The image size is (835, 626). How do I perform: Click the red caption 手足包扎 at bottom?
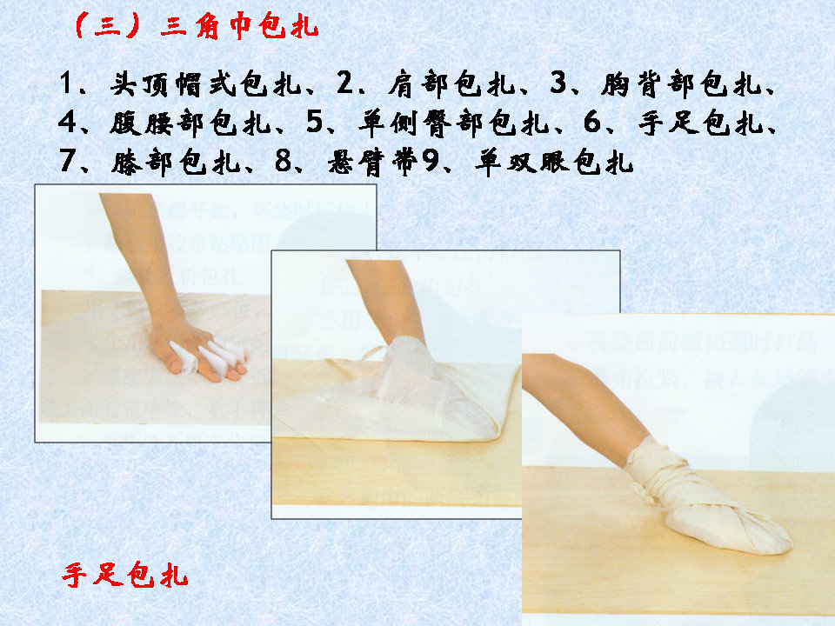point(126,576)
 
